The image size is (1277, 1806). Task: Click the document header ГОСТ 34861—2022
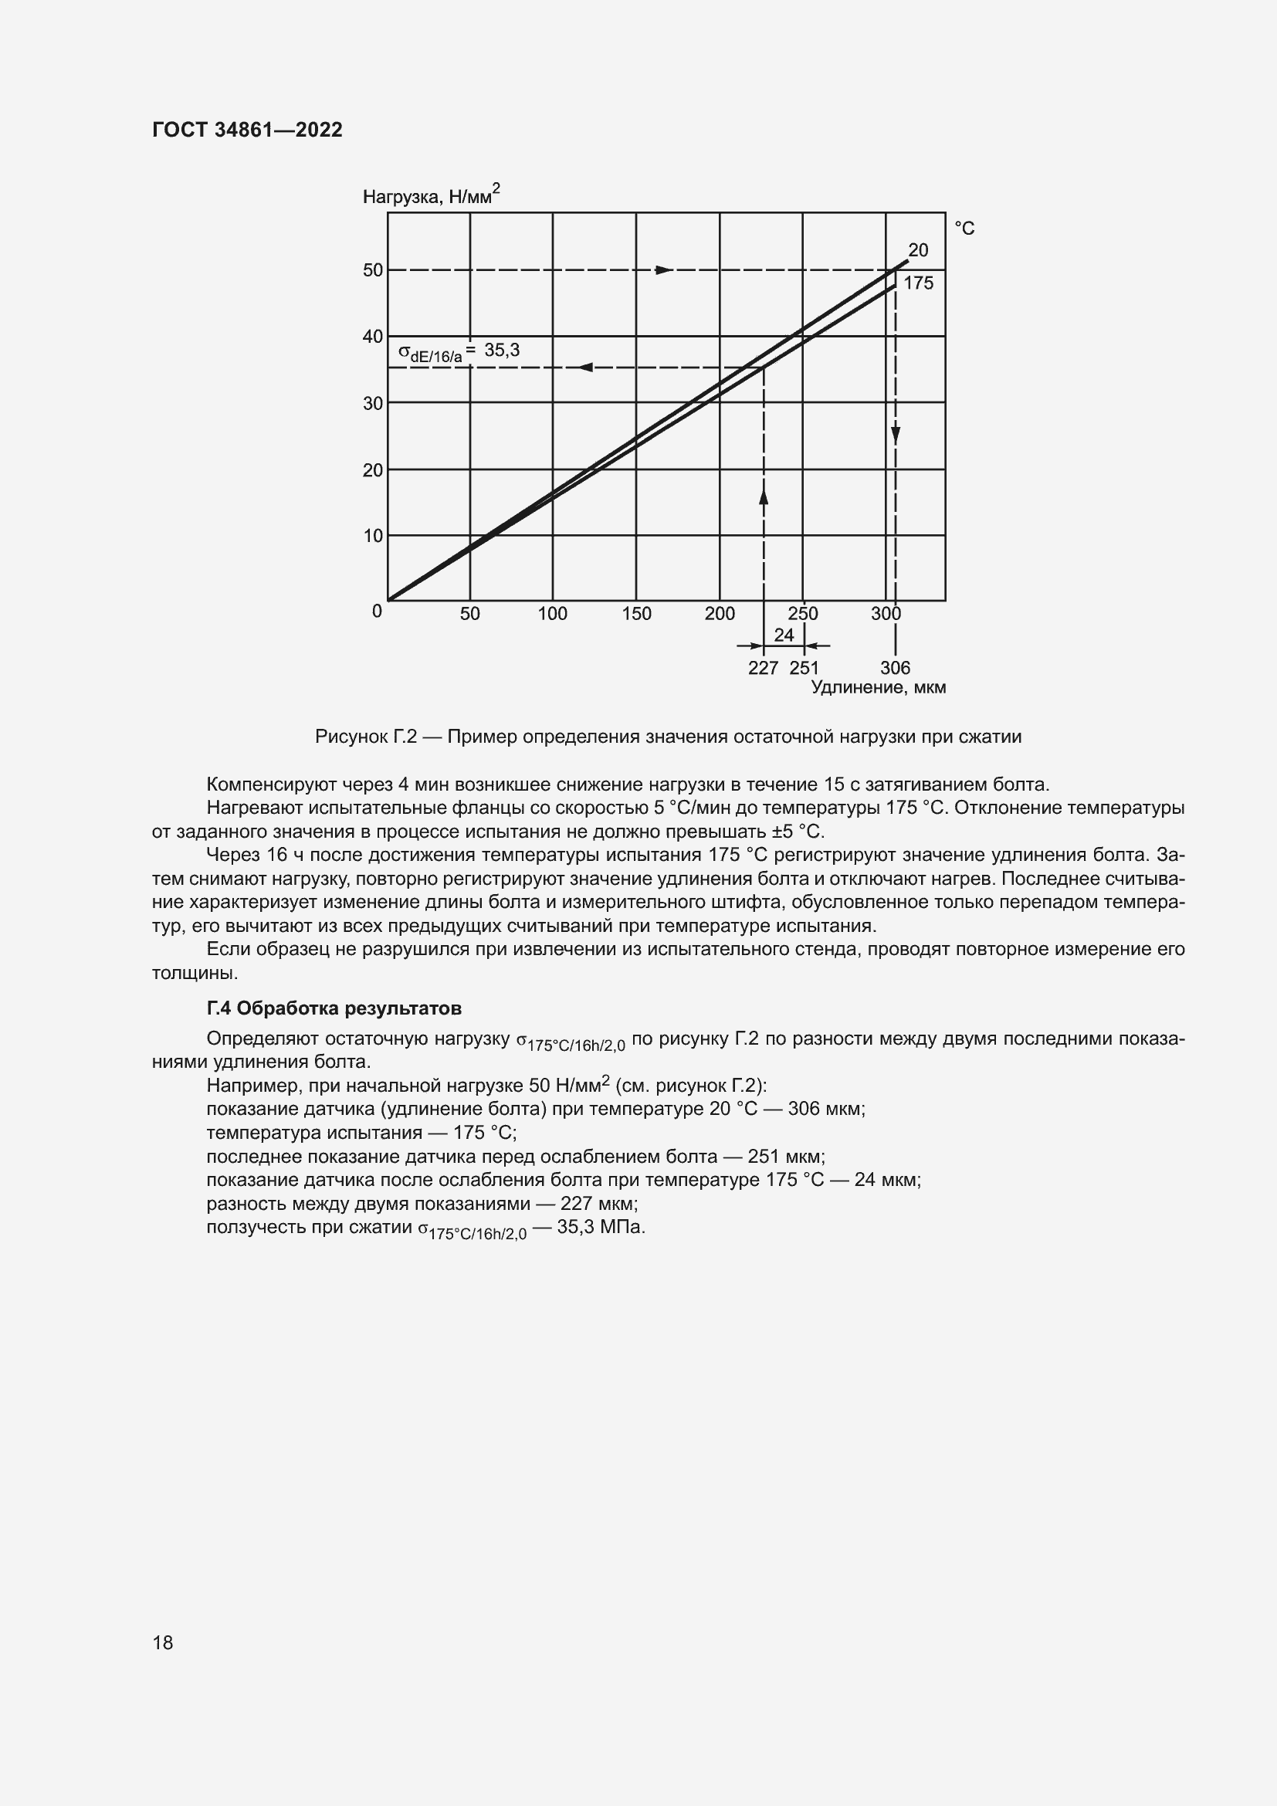click(x=247, y=130)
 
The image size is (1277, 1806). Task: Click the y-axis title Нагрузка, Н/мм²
click(x=431, y=196)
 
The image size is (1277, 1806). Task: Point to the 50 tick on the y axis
click(x=373, y=269)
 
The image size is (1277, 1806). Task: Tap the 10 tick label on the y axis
click(x=373, y=536)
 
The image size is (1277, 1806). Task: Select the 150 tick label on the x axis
click(x=636, y=614)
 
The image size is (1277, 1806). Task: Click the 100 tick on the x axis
click(x=552, y=614)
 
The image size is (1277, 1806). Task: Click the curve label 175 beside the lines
click(x=919, y=283)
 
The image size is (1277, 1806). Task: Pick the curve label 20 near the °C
click(x=918, y=250)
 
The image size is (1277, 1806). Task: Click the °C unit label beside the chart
click(x=964, y=228)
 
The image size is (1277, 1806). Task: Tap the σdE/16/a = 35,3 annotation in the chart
click(x=459, y=351)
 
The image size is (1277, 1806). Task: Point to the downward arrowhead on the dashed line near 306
click(x=896, y=434)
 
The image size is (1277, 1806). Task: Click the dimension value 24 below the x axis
click(x=784, y=635)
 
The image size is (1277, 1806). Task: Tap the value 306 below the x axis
click(x=895, y=668)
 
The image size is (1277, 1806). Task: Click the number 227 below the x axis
click(x=763, y=668)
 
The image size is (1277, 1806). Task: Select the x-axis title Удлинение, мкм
click(x=878, y=687)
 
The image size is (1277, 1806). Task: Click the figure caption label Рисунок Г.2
click(x=365, y=737)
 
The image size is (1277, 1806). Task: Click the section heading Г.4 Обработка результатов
click(x=334, y=1008)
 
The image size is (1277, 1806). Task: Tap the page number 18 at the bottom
click(x=163, y=1642)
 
